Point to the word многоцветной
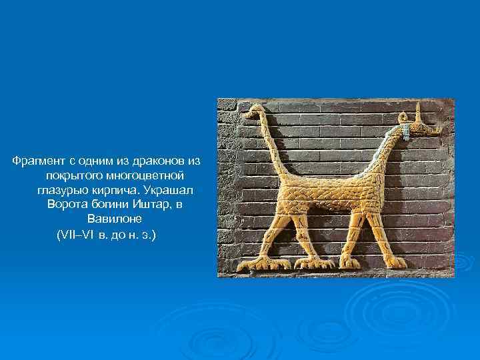[x=143, y=175]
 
